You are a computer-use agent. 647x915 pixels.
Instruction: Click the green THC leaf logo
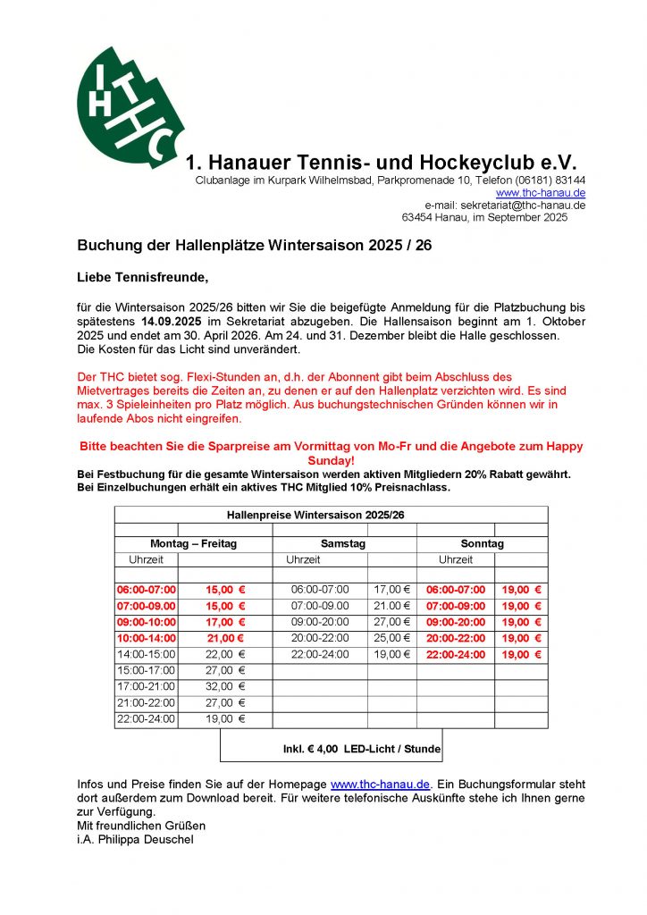130,108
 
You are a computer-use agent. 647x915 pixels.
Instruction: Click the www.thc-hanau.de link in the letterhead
541,193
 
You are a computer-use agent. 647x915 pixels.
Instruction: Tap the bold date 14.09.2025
171,320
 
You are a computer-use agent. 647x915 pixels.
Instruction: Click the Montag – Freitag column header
193,544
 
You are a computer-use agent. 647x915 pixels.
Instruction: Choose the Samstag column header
343,544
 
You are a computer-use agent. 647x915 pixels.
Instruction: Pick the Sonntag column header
482,544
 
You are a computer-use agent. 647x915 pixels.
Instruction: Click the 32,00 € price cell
224,686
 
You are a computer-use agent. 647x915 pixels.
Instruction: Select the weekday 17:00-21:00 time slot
147,686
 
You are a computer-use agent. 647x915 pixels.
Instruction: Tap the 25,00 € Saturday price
391,638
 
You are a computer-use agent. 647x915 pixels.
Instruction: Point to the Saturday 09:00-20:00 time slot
320,622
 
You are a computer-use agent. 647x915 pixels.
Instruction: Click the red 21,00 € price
224,638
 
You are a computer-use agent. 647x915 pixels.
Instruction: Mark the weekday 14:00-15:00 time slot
147,654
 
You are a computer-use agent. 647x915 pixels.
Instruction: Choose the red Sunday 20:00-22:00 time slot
456,638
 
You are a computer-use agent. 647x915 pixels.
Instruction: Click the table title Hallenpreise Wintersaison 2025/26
331,515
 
